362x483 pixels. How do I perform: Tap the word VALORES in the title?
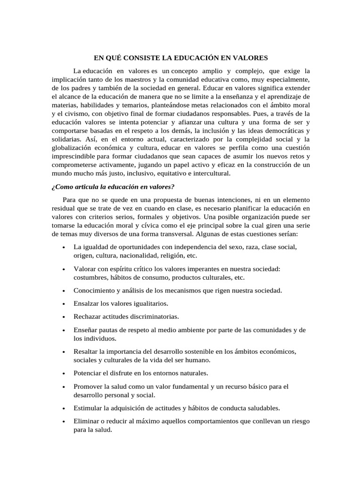[250, 58]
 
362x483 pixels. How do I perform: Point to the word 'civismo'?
[74, 114]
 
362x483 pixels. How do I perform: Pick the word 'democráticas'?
[284, 131]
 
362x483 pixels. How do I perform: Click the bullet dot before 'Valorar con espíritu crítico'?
[64, 269]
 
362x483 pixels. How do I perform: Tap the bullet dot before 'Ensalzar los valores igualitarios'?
[64, 304]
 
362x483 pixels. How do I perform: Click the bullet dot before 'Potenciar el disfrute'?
[64, 374]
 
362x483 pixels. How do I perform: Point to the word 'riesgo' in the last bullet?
[299, 421]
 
